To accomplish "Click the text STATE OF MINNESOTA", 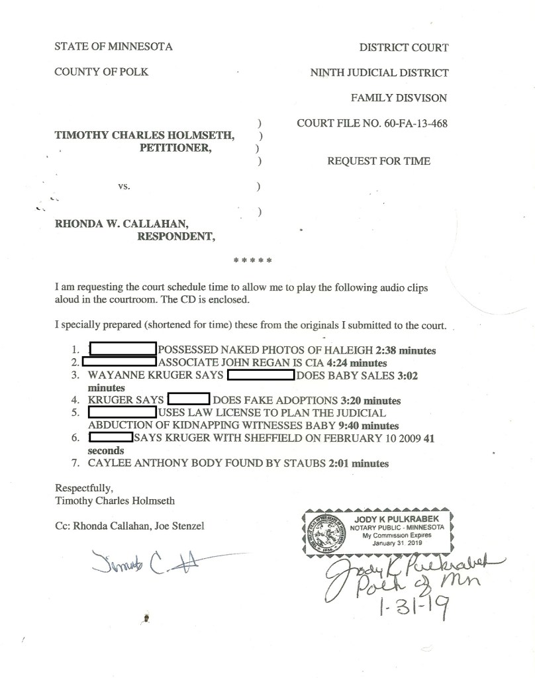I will click(x=113, y=47).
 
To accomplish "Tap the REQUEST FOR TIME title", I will click(x=379, y=161).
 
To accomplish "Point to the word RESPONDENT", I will click(x=175, y=236).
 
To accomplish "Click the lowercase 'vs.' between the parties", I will click(x=122, y=186).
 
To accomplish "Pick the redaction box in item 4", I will click(x=189, y=400).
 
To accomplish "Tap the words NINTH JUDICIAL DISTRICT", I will click(x=379, y=73).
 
